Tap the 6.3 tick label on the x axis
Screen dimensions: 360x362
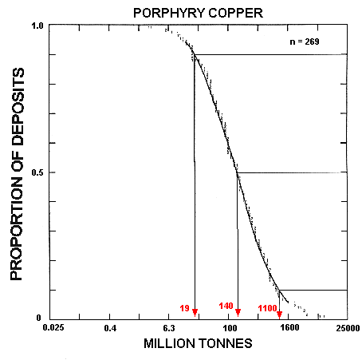pos(170,328)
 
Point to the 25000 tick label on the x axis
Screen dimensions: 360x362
pos(347,328)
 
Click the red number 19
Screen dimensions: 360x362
pos(184,307)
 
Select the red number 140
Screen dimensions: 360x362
pos(226,307)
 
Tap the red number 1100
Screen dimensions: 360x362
pos(266,307)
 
